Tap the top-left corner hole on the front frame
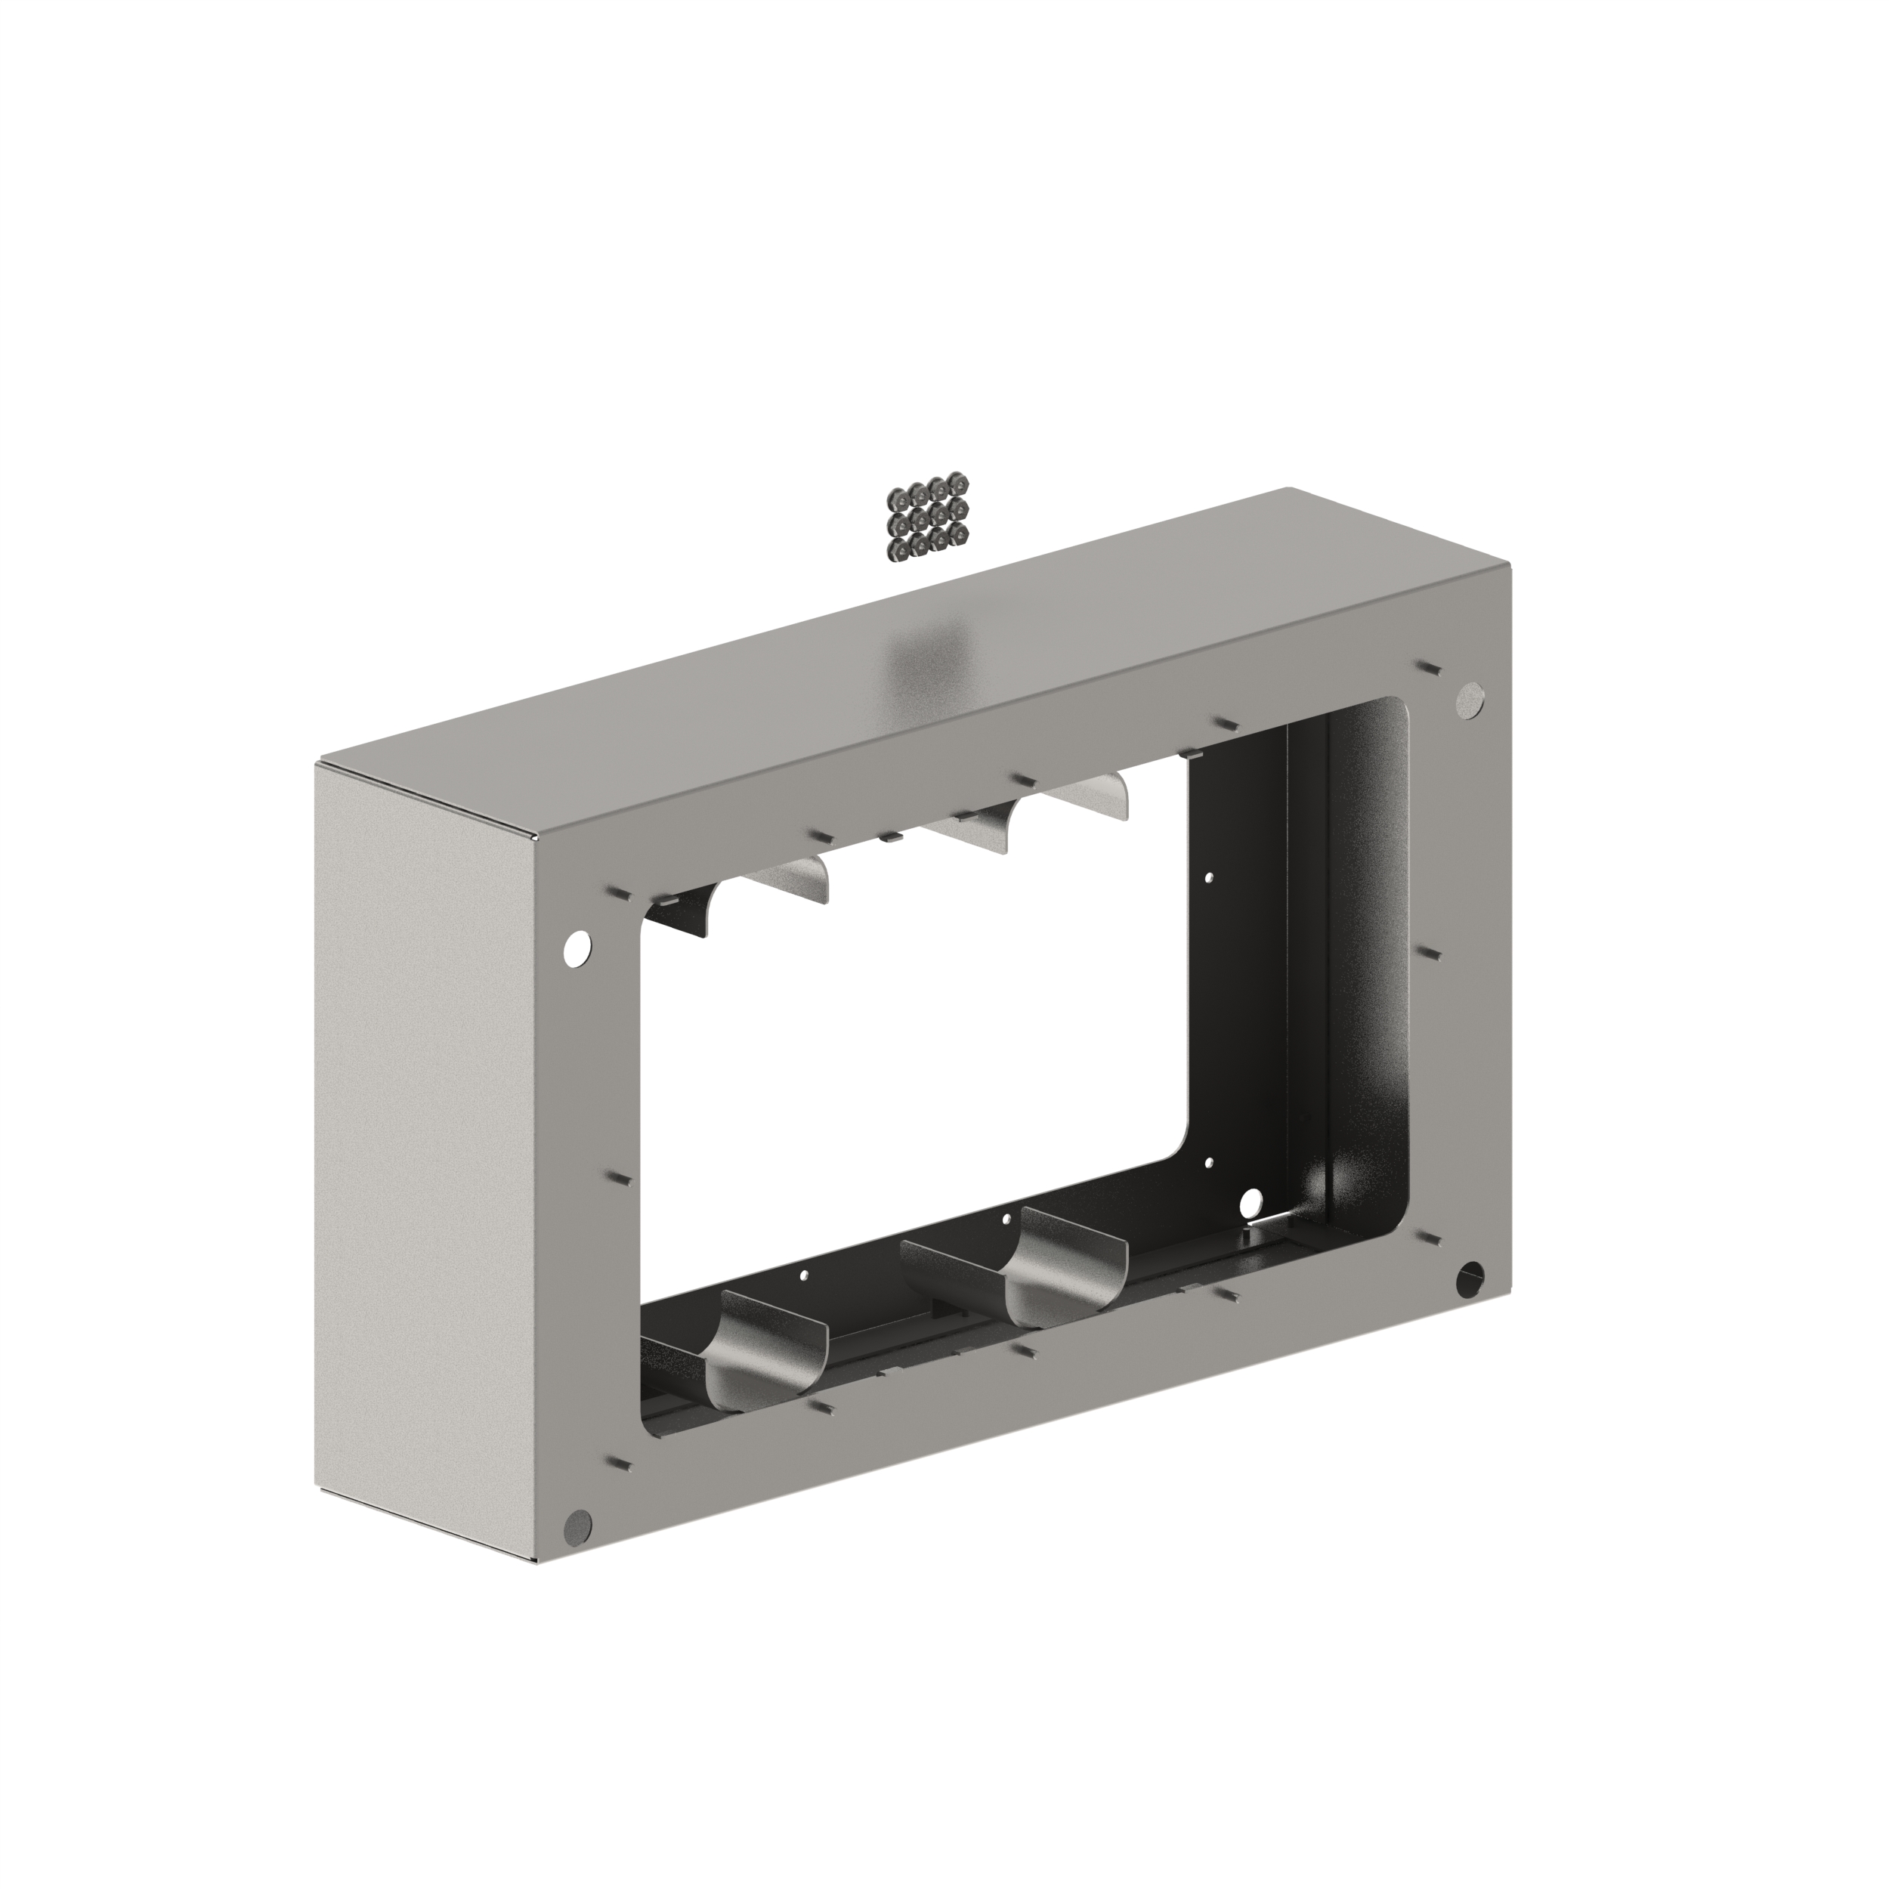point(579,947)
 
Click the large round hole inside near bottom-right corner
point(1251,1200)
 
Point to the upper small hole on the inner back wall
point(1210,877)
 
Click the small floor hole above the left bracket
point(804,1275)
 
